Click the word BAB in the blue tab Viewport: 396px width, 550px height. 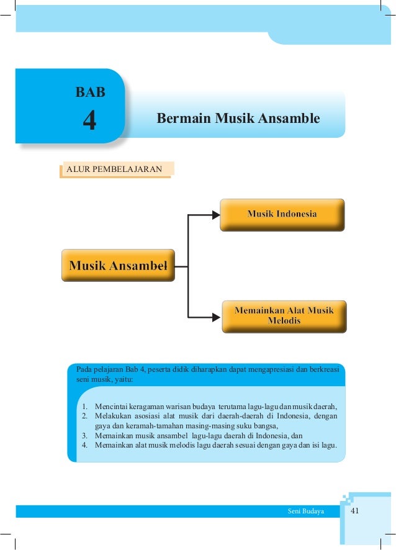point(91,93)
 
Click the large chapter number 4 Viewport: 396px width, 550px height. point(90,120)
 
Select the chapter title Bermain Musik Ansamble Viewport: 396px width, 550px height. point(238,118)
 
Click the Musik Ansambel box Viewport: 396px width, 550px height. point(118,266)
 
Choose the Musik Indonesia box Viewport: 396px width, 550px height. point(282,214)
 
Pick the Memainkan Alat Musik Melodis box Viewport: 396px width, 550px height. point(284,315)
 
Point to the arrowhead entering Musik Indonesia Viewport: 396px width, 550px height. point(215,215)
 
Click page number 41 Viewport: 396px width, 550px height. point(356,511)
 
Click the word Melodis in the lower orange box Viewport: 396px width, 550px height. point(284,321)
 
